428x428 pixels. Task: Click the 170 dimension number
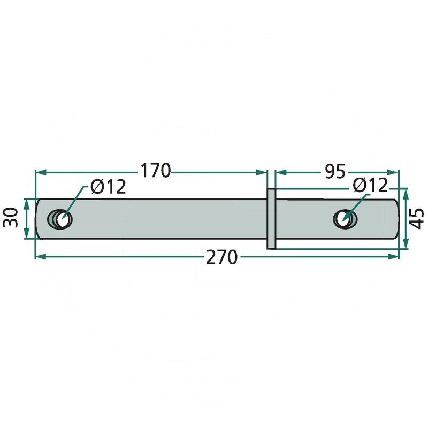tap(155, 171)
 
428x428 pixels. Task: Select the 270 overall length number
tap(221, 257)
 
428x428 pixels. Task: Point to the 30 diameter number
tap(10, 218)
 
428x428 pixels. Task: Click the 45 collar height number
tap(417, 219)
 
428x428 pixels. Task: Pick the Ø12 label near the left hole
tap(109, 187)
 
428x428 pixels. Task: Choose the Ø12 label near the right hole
tap(370, 185)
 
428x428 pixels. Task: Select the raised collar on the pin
tap(271, 219)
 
